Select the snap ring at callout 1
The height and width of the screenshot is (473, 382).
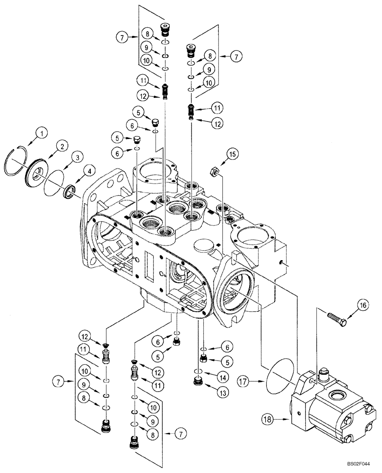tap(20, 163)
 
